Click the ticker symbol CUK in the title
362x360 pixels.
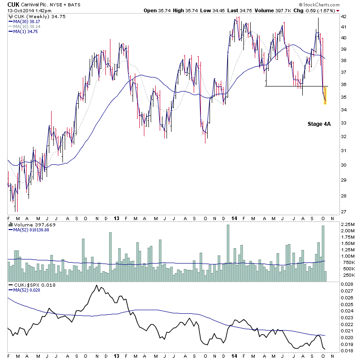14,4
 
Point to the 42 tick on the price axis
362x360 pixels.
343,16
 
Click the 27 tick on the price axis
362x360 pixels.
343,211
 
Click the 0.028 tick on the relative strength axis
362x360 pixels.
347,284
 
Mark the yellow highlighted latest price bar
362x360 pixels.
325,95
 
